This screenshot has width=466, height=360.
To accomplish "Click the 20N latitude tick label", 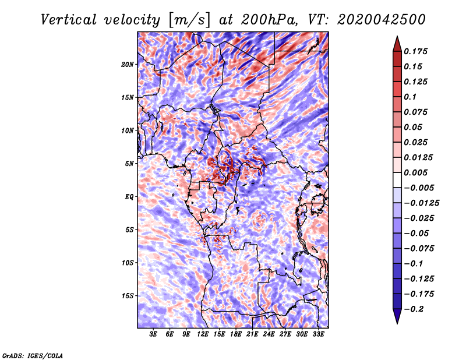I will point(128,64).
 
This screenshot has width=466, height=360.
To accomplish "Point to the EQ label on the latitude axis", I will point(129,196).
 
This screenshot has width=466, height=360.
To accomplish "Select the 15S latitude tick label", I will point(128,295).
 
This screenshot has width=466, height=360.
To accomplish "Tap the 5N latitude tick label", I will point(129,163).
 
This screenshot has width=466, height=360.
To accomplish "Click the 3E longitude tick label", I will point(154,334).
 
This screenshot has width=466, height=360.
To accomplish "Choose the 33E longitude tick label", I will point(319,334).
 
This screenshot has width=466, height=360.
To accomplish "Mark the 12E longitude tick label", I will point(203,334).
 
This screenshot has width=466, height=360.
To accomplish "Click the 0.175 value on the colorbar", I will point(418,51).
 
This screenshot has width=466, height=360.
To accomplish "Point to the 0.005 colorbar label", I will point(418,172).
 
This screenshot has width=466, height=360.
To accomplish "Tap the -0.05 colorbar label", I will point(418,233).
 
